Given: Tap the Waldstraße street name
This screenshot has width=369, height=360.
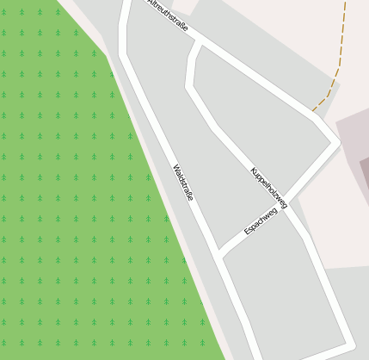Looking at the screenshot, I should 182,183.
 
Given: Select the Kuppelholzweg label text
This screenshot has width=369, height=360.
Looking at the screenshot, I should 268,188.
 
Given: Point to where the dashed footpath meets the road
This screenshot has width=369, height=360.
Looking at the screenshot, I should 313,111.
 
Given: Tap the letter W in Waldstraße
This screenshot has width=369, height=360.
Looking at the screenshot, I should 175,168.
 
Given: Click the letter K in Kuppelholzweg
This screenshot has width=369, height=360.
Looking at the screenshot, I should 254,171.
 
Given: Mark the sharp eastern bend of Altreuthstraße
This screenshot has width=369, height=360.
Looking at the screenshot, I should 334,140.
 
